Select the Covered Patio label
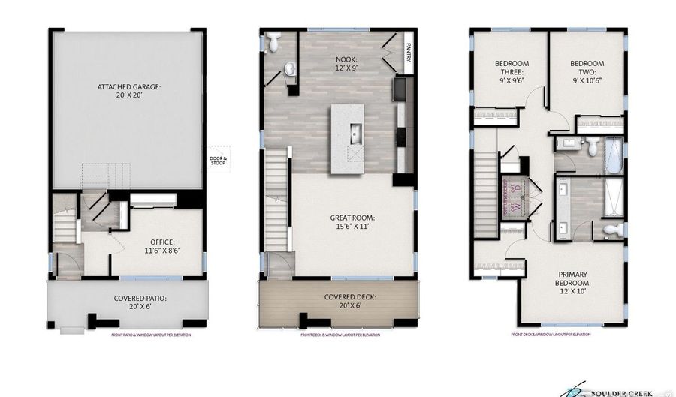tap(140, 302)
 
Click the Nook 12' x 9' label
tap(346, 64)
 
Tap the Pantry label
tap(409, 52)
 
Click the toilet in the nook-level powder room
tap(274, 44)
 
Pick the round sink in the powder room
tap(288, 71)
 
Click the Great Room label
tap(352, 224)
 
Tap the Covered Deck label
tap(350, 302)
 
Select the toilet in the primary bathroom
tap(613, 229)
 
